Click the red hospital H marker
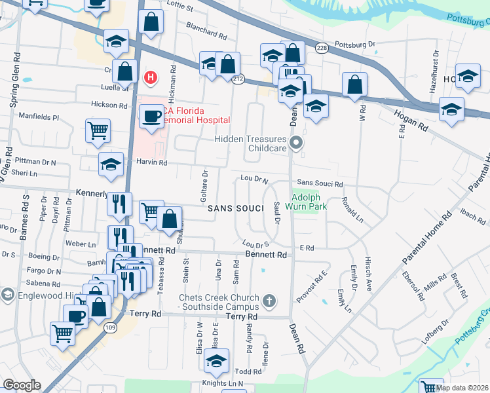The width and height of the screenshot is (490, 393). point(151,78)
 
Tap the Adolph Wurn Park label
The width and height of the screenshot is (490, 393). point(309,200)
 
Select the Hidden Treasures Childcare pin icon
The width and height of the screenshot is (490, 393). point(297,142)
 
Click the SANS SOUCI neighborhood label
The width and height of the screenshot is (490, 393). point(235,208)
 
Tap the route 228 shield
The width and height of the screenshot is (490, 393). point(321,48)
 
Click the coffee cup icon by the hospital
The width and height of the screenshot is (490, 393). point(153,117)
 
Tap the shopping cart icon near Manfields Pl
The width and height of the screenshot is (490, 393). point(98,131)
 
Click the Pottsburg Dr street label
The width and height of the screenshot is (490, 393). point(354,45)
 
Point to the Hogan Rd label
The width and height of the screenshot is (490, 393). point(411,120)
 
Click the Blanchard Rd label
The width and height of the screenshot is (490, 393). point(206,30)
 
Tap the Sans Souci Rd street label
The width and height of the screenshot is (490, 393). point(320,184)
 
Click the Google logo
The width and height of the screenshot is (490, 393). point(22,385)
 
